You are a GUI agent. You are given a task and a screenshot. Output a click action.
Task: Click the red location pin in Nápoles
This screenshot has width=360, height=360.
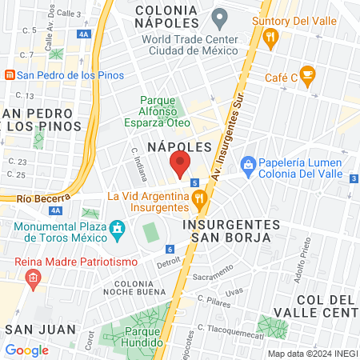180,165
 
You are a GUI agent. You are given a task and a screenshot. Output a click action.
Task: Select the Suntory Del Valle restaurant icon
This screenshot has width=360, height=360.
271,35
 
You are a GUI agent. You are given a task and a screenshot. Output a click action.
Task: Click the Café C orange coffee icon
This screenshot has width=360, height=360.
308,75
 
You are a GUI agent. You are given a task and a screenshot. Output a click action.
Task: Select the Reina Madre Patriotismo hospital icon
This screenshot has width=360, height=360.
33,278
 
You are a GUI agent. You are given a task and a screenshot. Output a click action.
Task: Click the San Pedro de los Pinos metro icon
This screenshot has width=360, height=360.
9,75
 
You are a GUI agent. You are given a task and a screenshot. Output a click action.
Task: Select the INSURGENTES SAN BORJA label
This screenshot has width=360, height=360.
230,230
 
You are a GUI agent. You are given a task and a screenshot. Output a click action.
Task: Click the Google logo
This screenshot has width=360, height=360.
27,350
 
